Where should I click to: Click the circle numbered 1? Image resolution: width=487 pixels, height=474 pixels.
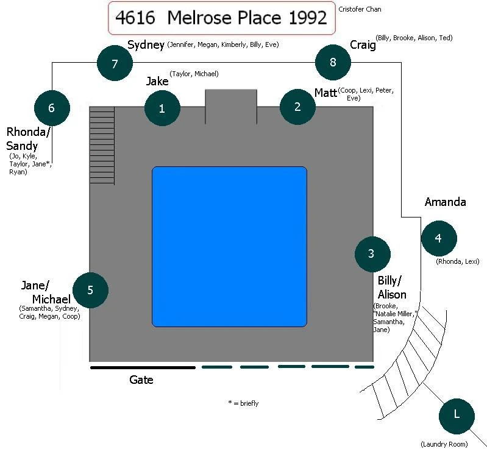pos(162,108)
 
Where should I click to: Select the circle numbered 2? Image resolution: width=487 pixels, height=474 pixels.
pos(297,107)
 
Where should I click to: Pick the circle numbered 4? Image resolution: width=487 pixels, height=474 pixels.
pos(438,238)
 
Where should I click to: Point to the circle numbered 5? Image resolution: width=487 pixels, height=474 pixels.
pos(90,290)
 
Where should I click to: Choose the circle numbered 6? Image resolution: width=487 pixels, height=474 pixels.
pos(52,108)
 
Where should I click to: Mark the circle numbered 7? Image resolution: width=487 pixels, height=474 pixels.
pos(115,63)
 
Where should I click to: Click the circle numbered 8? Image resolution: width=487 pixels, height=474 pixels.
pos(333,62)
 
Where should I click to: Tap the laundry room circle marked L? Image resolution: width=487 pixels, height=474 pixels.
pos(457,415)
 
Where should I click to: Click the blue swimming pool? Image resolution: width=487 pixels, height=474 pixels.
pos(229,247)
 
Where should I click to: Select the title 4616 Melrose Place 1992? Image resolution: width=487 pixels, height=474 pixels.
pos(222,18)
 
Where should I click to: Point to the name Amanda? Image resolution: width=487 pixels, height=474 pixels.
pos(446,202)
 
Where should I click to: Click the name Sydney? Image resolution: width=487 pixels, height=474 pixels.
pos(146,45)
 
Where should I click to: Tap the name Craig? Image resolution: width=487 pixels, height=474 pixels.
pos(362,45)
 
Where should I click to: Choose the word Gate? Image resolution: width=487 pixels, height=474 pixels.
pos(141,380)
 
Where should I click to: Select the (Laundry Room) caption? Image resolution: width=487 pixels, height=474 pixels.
pos(444,444)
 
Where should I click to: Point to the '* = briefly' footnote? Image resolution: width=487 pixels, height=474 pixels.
pos(243,403)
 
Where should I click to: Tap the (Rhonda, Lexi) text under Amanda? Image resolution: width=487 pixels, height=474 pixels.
pos(458,261)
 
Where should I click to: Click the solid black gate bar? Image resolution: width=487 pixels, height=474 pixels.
pos(143,367)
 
